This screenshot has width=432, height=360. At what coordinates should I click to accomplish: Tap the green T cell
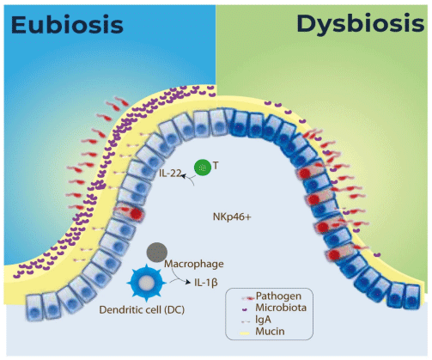[x=203, y=168]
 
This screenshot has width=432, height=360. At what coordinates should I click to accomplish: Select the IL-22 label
[x=170, y=174]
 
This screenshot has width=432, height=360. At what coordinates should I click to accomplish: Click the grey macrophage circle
[x=157, y=252]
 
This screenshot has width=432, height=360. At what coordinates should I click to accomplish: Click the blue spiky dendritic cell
[x=149, y=283]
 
